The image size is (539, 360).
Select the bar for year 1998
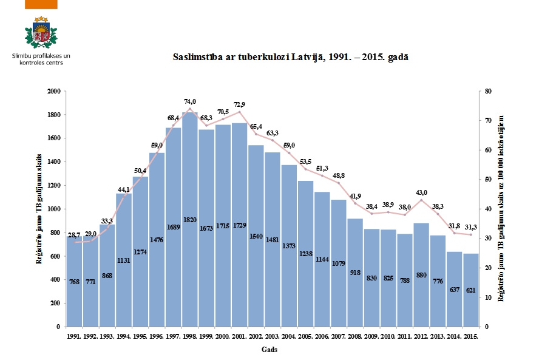[x=190, y=219]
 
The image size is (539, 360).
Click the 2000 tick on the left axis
[x=54, y=91]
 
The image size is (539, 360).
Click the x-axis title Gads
[x=270, y=350]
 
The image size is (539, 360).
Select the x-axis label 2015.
[x=470, y=336]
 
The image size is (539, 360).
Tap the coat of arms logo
[x=41, y=33]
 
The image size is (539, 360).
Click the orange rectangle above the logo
[x=42, y=4]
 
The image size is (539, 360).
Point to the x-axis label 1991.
[x=75, y=336]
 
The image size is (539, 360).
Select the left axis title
[x=39, y=208]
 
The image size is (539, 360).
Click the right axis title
[x=501, y=208]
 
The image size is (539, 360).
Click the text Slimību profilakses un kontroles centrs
[x=41, y=59]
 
